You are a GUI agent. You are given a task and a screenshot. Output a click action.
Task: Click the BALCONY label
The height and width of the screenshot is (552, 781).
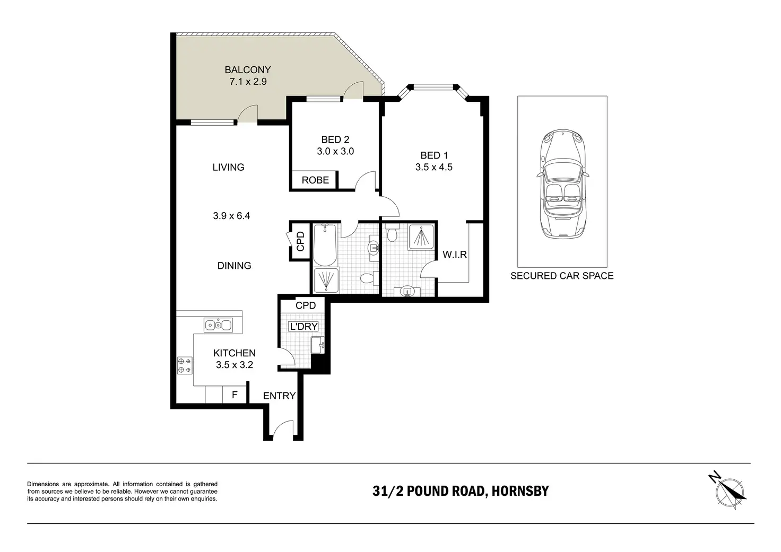click(248, 70)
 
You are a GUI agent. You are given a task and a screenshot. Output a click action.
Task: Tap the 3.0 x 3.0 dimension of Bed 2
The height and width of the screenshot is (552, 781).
click(335, 151)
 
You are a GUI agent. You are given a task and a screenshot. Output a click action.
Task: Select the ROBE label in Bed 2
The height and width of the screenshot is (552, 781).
click(315, 180)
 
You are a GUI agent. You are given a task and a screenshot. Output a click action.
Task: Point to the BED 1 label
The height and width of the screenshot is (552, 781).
click(434, 155)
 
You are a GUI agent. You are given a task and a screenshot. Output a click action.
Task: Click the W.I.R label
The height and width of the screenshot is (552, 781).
click(455, 255)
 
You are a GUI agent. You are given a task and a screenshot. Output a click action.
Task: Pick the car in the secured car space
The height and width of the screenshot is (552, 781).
click(562, 184)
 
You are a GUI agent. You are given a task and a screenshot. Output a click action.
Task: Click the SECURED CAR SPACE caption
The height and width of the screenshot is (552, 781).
click(562, 276)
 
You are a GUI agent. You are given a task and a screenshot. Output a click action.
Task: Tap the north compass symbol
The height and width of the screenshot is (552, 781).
click(728, 492)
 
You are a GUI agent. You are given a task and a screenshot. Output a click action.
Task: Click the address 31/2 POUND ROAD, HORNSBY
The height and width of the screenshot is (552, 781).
click(461, 491)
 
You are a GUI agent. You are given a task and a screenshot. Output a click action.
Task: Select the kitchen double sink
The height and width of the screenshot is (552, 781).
click(218, 325)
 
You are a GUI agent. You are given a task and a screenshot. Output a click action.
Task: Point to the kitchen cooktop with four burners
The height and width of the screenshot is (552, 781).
click(185, 365)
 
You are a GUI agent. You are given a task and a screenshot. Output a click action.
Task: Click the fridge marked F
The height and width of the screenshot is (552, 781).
click(235, 395)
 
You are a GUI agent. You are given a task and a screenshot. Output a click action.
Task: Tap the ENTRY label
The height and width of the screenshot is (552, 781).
click(279, 396)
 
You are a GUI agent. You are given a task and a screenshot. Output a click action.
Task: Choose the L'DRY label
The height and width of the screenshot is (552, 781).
click(303, 327)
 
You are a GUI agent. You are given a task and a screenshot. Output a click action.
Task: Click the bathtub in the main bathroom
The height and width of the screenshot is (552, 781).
click(325, 245)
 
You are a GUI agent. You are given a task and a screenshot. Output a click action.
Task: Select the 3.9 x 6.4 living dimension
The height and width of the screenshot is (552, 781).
click(231, 216)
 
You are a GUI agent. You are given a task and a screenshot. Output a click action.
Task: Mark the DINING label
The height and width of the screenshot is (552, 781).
click(235, 266)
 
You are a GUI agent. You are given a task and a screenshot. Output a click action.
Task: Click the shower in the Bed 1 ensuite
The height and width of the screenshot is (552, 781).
click(421, 237)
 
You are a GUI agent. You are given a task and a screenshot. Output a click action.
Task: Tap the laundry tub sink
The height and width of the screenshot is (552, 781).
click(318, 345)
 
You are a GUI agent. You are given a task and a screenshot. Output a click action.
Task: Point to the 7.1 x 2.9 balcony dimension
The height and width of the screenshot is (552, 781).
click(248, 82)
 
